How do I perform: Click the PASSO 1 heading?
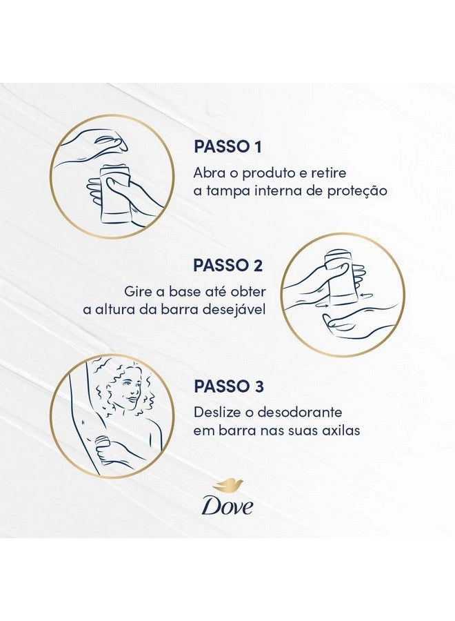tap(228, 146)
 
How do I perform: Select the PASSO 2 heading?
tap(228, 266)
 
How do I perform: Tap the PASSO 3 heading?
tap(229, 386)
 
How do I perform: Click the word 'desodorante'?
tap(299, 413)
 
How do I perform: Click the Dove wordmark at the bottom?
tap(228, 505)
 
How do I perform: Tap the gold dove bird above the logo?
tap(228, 486)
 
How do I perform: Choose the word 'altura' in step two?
tap(121, 310)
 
